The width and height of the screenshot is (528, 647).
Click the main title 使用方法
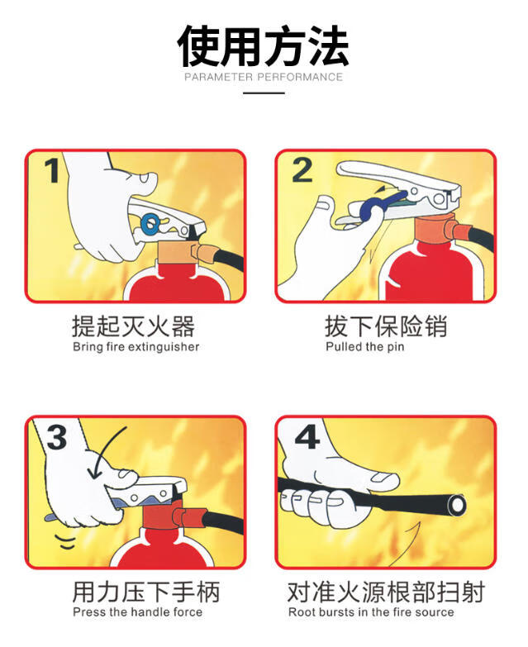click(x=264, y=45)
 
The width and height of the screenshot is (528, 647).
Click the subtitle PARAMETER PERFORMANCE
click(x=264, y=77)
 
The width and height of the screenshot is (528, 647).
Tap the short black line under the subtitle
click(x=264, y=93)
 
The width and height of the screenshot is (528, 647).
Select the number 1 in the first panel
click(x=52, y=170)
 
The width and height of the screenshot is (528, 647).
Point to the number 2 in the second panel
click(x=302, y=170)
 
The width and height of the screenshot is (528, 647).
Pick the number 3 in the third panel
click(x=57, y=437)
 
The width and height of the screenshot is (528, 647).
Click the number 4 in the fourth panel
click(x=307, y=437)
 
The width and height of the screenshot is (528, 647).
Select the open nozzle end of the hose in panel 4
click(x=457, y=505)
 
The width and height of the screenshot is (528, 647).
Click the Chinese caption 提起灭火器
click(x=133, y=326)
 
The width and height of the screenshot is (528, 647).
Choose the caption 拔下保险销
click(x=386, y=326)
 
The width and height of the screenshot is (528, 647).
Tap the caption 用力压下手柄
click(x=146, y=592)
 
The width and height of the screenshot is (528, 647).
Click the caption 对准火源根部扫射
click(x=386, y=592)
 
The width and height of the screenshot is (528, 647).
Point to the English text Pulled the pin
click(x=364, y=346)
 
